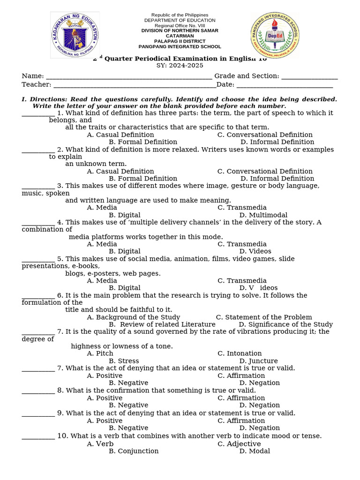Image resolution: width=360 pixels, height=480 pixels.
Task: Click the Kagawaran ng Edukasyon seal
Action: (75, 35)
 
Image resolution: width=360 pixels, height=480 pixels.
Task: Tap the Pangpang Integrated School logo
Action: (275, 35)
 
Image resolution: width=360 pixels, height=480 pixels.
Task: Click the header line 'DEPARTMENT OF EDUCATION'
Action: (180, 21)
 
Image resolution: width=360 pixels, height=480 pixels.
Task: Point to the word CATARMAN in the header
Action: (180, 36)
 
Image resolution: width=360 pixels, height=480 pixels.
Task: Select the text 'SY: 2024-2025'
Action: (180, 66)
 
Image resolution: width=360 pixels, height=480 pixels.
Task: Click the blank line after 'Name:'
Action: (129, 76)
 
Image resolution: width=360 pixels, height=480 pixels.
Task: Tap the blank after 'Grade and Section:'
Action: (309, 76)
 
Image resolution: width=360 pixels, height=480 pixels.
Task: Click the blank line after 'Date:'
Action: (285, 85)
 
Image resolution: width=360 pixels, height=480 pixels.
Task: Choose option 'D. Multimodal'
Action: (263, 215)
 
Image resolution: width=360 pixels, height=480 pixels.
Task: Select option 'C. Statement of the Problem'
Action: (264, 317)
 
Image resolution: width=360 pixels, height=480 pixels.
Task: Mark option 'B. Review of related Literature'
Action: (162, 324)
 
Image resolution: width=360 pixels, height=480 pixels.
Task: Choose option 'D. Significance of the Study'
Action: (285, 324)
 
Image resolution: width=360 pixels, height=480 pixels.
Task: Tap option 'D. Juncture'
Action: (258, 361)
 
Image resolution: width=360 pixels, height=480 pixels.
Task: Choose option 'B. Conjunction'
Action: (134, 451)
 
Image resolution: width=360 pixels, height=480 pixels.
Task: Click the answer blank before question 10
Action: (38, 436)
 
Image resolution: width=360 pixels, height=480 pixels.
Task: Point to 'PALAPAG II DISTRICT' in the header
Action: (180, 41)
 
